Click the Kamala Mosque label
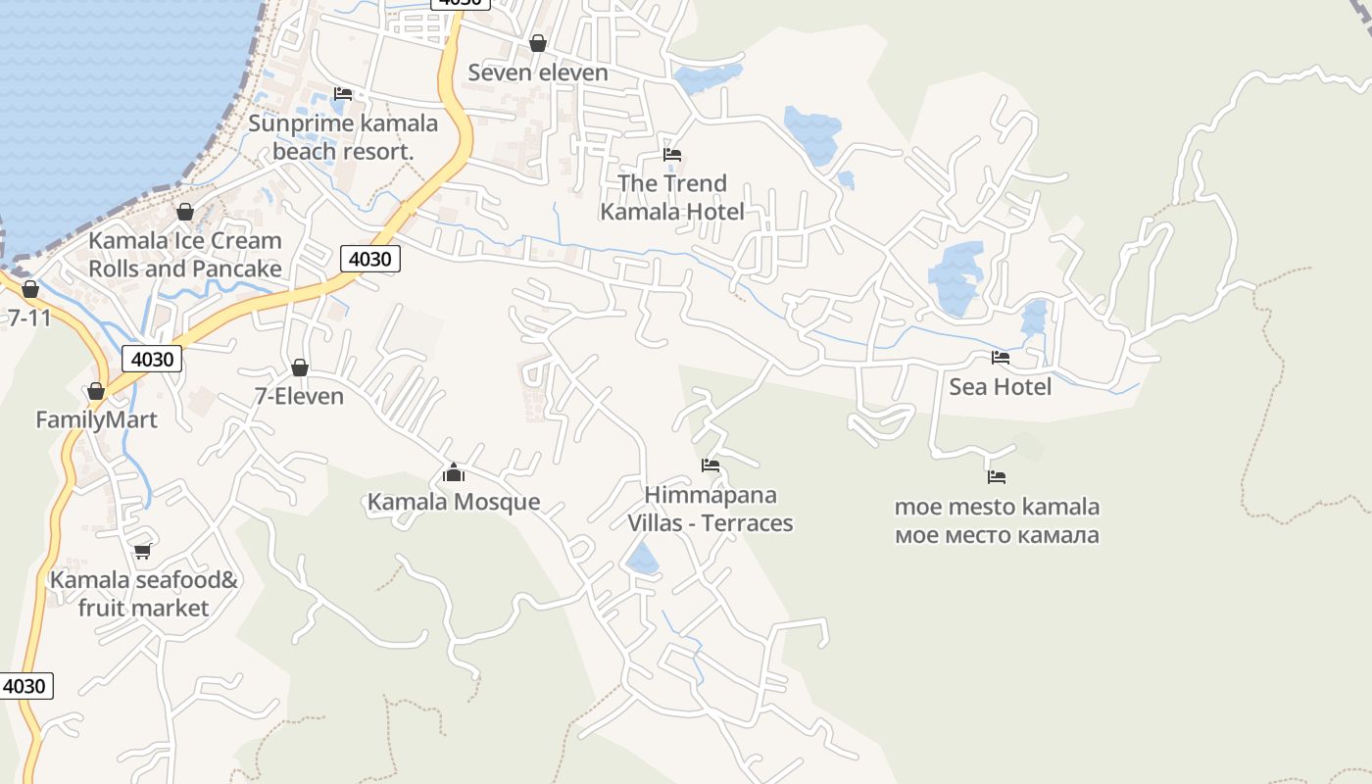point(454,502)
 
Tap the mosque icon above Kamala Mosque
point(454,474)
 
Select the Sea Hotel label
point(1000,387)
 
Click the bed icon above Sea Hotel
point(1000,358)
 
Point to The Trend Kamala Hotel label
point(672,197)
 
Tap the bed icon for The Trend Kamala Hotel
point(672,155)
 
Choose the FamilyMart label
point(96,420)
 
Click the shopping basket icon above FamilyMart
point(96,392)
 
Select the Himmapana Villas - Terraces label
point(710,509)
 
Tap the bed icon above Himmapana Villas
point(710,465)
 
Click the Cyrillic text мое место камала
point(997,535)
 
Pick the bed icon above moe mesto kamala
point(997,477)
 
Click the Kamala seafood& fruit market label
point(144,594)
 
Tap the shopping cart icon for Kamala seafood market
point(143,551)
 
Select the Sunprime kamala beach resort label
point(343,137)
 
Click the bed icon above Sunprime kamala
point(342,94)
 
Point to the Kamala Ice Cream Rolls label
point(185,254)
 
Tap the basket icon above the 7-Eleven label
point(300,367)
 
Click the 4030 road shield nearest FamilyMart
point(152,359)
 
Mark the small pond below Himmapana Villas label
point(643,560)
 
